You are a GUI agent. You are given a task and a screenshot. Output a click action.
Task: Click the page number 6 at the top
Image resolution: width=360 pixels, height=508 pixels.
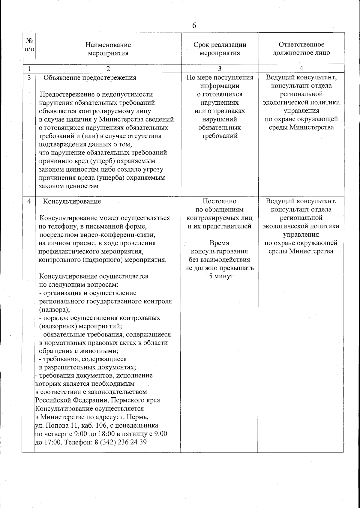click(x=194, y=25)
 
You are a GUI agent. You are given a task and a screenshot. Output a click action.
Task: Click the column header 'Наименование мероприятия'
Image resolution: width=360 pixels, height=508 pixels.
click(x=108, y=49)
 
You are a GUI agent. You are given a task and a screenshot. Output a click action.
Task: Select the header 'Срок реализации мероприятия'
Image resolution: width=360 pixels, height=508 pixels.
click(x=220, y=49)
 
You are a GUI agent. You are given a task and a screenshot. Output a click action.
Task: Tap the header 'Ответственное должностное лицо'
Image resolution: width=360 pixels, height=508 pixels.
click(x=301, y=49)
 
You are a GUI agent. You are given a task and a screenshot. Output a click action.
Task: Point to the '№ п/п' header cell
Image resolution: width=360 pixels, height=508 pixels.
click(x=29, y=44)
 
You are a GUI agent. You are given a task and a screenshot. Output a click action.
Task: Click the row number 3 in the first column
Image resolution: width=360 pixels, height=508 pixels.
click(x=29, y=78)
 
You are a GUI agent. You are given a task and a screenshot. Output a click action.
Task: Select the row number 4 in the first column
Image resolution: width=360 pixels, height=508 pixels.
click(x=29, y=201)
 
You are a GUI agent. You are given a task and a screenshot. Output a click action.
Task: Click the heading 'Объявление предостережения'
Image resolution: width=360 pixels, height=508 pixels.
click(x=90, y=78)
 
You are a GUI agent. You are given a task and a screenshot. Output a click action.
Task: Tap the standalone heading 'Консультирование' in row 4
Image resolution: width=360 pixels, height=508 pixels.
click(x=72, y=201)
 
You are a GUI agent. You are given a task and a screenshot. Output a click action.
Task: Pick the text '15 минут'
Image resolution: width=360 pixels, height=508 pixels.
click(x=219, y=276)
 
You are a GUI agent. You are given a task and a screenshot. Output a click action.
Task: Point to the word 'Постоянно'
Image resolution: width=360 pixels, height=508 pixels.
click(x=219, y=201)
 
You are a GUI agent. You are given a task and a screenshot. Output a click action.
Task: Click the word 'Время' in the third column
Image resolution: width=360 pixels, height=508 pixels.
click(x=219, y=243)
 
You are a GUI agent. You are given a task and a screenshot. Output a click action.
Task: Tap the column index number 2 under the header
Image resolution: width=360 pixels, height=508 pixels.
click(x=108, y=69)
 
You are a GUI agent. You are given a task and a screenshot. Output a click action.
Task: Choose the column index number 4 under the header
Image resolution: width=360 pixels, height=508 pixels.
click(x=301, y=68)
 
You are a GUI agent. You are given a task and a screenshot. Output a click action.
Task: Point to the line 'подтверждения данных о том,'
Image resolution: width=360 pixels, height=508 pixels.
click(x=85, y=144)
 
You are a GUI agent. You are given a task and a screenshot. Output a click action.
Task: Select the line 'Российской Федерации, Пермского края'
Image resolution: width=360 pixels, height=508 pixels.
click(x=97, y=400)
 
